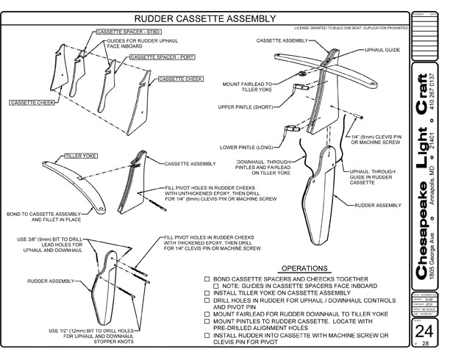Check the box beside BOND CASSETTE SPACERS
pyautogui.click(x=207, y=280)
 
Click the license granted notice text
pyautogui.click(x=351, y=29)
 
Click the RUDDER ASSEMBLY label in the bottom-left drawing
pyautogui.click(x=49, y=281)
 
